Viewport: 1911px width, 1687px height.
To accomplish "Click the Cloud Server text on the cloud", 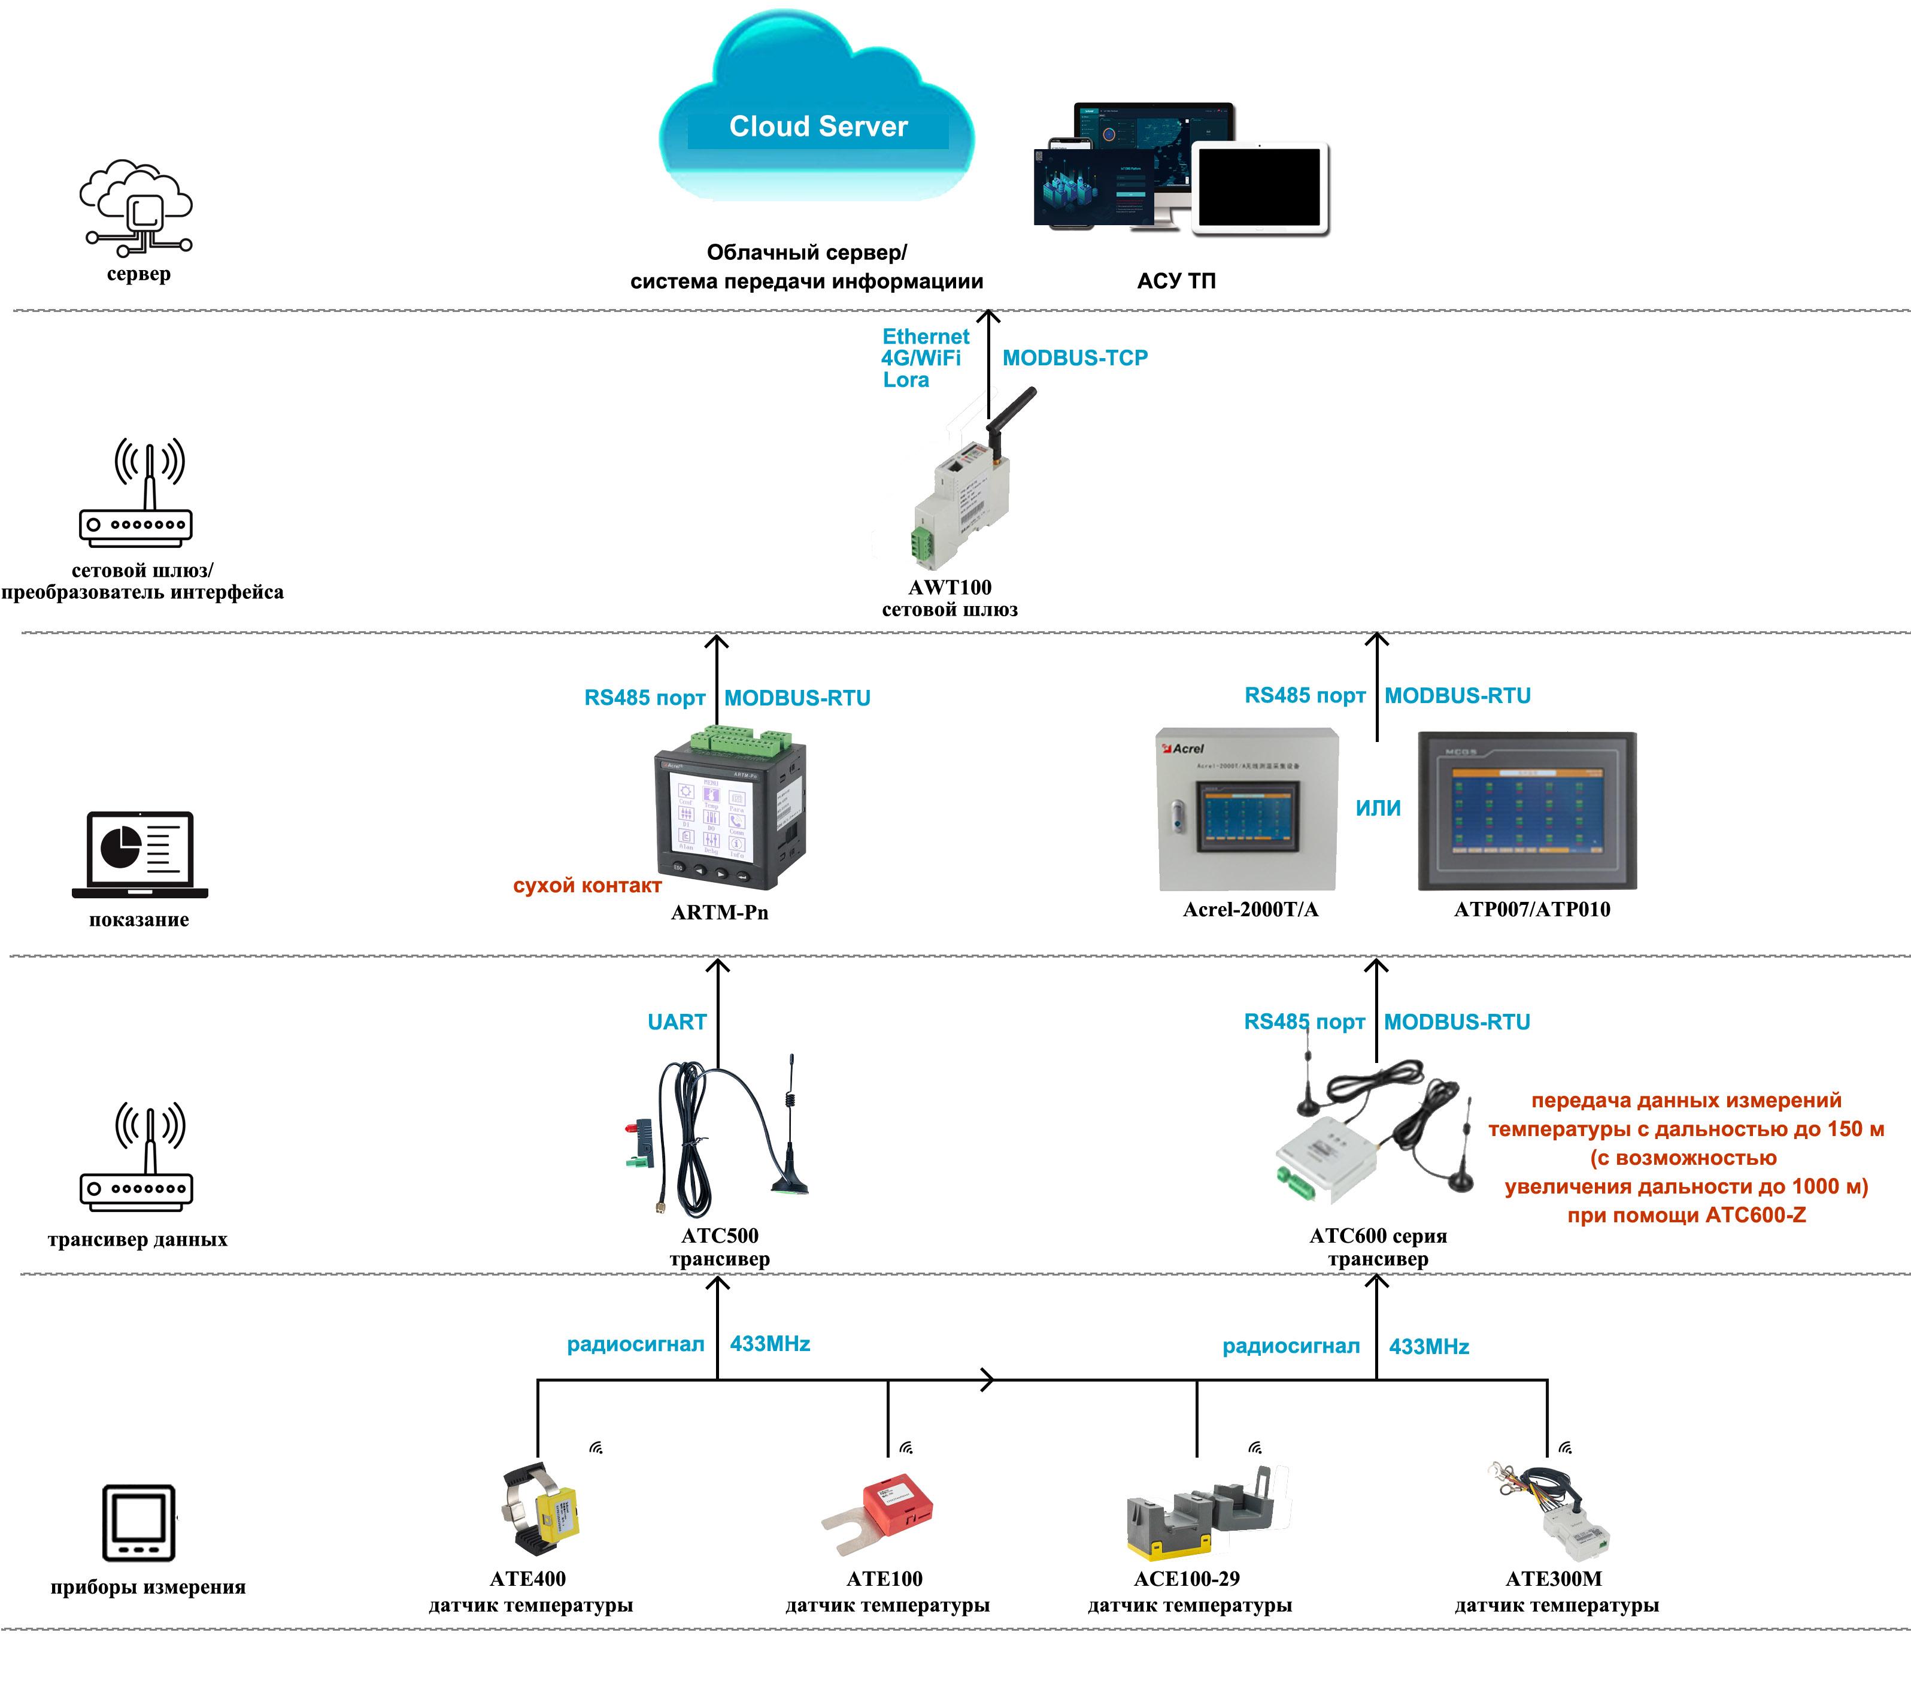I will tap(818, 126).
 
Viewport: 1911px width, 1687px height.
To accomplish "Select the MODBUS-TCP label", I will tap(1075, 358).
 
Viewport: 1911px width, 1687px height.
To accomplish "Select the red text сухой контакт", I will tap(587, 886).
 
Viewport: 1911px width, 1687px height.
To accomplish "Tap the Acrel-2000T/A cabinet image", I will tap(1248, 810).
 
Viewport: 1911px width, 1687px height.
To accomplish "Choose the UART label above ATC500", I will tap(677, 1022).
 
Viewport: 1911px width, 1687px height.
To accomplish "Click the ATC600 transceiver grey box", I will tap(1328, 1159).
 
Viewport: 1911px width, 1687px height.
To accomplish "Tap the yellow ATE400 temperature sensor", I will tap(542, 1512).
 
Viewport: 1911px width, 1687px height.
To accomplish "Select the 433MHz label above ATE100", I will tap(769, 1344).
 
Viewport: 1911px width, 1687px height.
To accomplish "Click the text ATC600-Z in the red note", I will tap(1756, 1216).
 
